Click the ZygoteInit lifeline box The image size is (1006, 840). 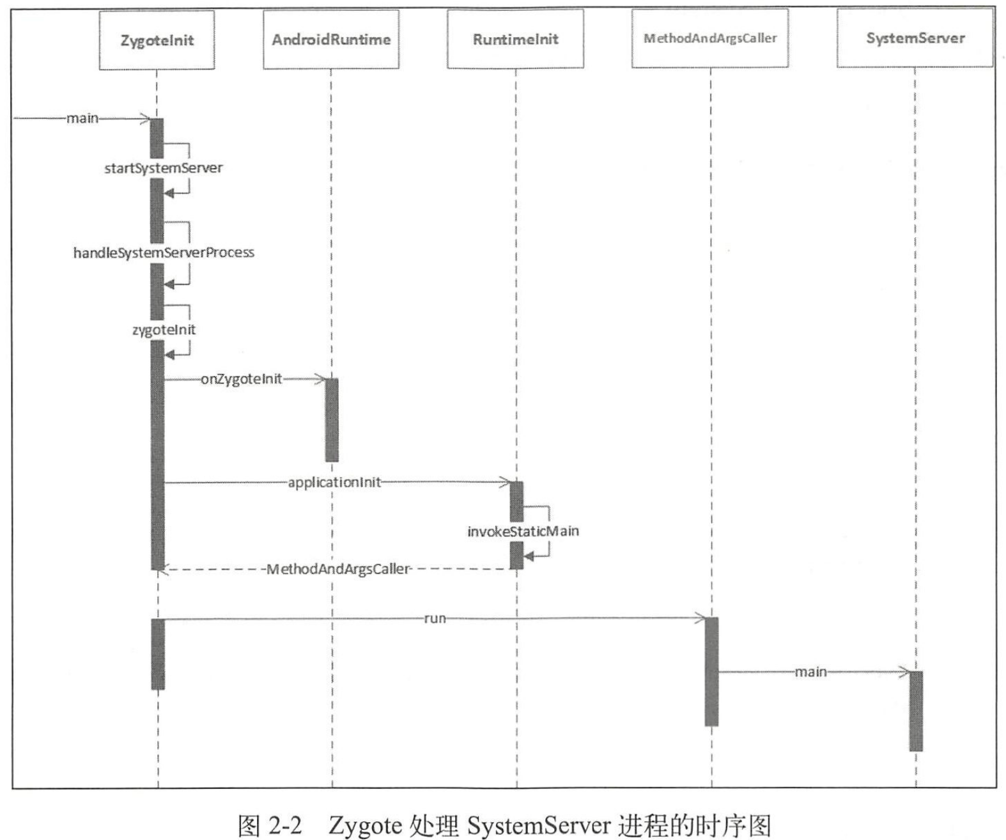(157, 40)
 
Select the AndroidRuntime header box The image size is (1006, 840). (331, 40)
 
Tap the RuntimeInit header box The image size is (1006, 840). (515, 39)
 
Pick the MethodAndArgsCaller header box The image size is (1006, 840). (709, 38)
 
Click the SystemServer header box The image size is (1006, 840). (915, 38)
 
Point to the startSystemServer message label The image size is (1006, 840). (164, 168)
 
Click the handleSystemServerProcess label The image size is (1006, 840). (164, 253)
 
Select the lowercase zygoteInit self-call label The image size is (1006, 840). (164, 330)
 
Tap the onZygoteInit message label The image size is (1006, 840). (242, 379)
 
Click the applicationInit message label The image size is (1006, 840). (334, 482)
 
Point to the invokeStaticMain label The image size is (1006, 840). (523, 531)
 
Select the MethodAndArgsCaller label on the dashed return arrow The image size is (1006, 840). (338, 569)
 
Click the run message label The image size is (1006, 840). (435, 618)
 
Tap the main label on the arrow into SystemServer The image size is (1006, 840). (810, 672)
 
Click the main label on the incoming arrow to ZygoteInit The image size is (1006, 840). (82, 118)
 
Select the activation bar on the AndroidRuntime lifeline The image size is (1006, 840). (332, 419)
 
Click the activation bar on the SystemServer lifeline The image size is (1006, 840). (916, 711)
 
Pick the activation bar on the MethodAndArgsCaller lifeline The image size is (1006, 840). (711, 671)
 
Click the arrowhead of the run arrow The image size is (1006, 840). (701, 618)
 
